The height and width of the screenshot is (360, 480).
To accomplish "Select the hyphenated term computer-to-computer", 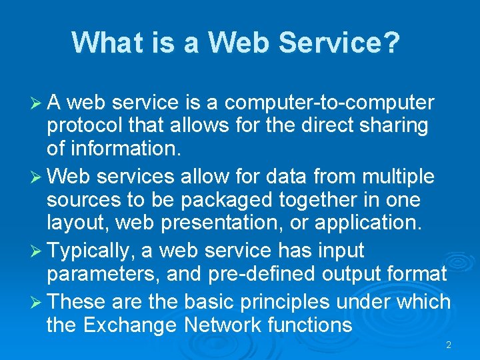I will [330, 103].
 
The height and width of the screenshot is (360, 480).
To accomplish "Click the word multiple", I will [397, 177].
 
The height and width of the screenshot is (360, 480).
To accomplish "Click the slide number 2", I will [449, 345].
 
